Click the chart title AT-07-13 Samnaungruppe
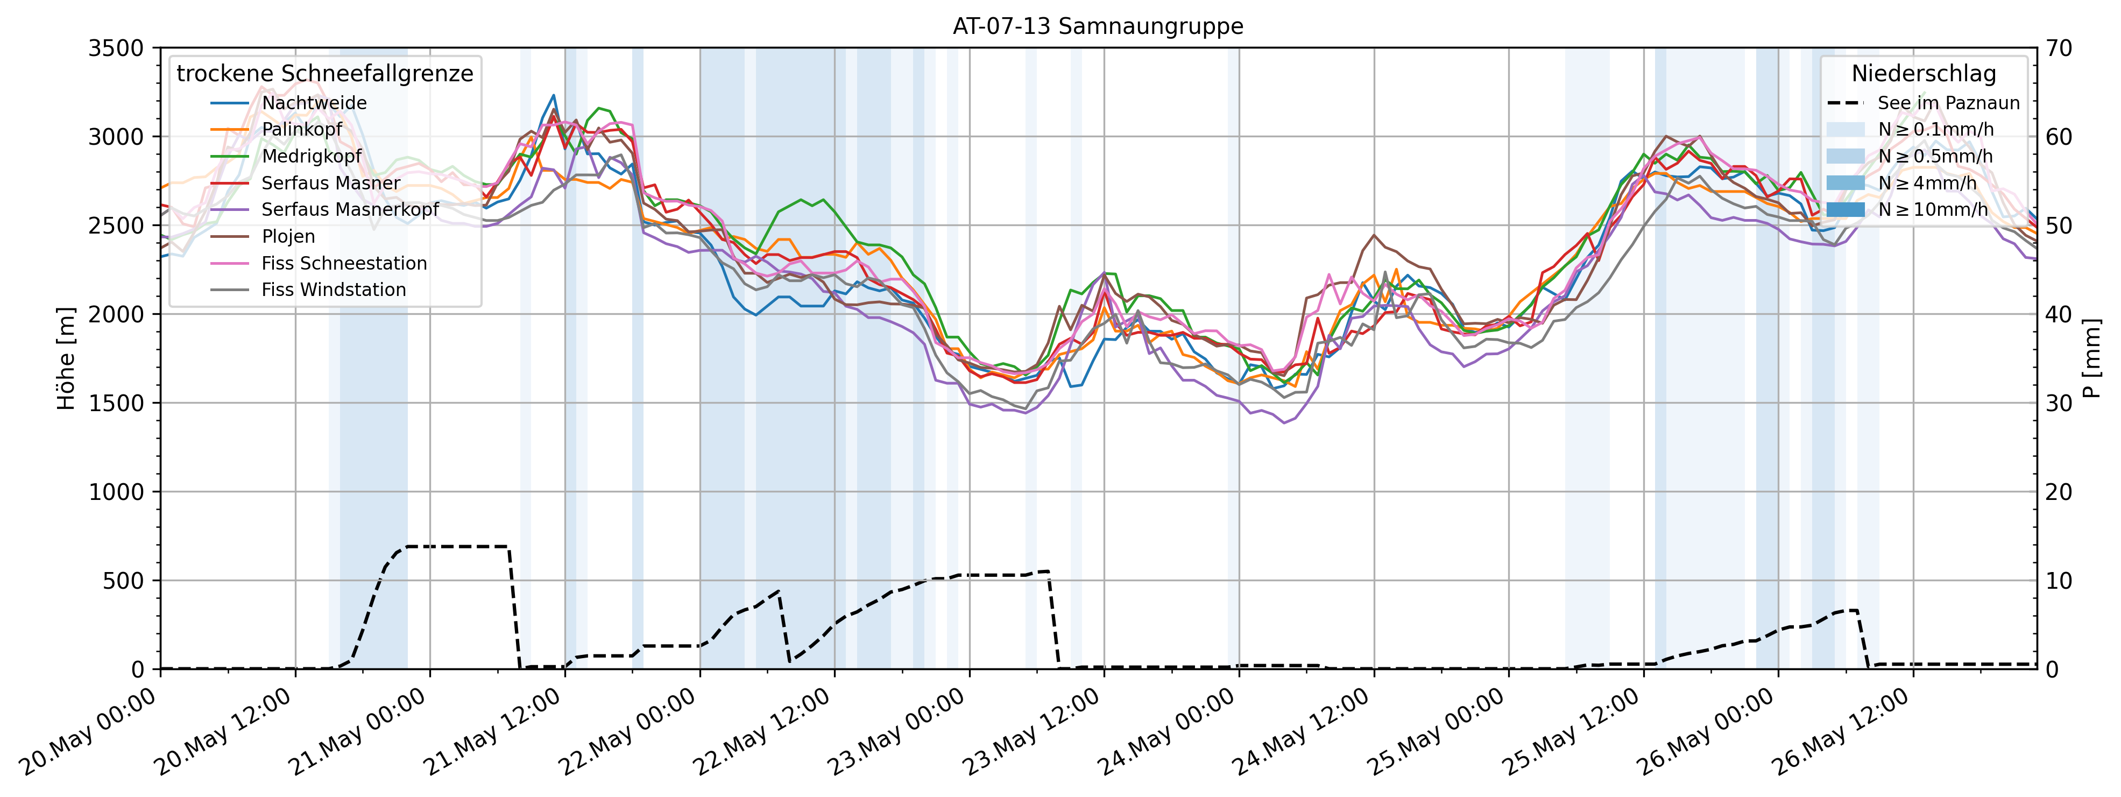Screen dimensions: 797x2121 pos(1098,26)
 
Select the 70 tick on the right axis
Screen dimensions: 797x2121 pos(2059,48)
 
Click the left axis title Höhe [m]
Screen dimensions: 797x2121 pos(66,358)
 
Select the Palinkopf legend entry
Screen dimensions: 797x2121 pos(301,129)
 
